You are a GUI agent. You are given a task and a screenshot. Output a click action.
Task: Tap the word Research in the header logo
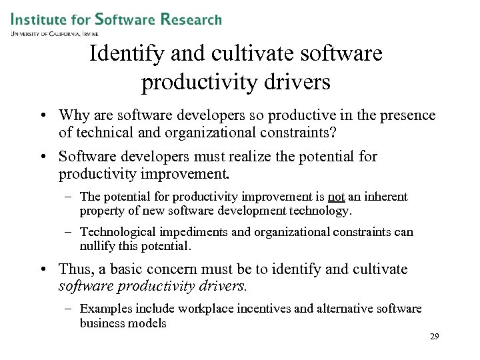(x=191, y=19)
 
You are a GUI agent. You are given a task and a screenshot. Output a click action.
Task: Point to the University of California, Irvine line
(x=54, y=33)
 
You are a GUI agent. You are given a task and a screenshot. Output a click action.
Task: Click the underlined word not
(x=336, y=197)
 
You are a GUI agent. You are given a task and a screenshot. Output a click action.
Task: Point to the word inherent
(x=384, y=197)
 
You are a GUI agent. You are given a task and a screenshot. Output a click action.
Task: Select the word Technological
(x=117, y=232)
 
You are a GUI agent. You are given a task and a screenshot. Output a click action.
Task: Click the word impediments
(x=190, y=232)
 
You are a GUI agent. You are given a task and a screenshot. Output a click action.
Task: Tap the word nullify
(x=97, y=246)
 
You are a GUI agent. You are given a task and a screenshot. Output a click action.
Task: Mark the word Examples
(x=103, y=309)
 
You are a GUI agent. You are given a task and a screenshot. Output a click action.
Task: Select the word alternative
(x=343, y=309)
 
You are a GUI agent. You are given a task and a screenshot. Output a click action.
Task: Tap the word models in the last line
(x=149, y=323)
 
